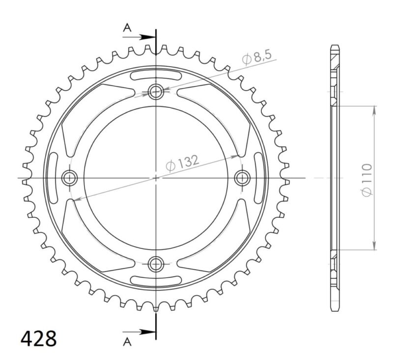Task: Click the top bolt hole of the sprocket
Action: click(x=156, y=91)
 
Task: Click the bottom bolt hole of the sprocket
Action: click(x=156, y=263)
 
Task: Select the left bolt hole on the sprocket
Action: click(x=70, y=178)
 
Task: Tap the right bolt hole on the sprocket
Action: click(x=242, y=178)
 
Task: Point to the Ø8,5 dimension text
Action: click(x=256, y=57)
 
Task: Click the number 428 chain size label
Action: click(x=38, y=339)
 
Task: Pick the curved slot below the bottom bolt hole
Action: click(x=156, y=280)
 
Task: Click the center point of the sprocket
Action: click(x=156, y=178)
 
